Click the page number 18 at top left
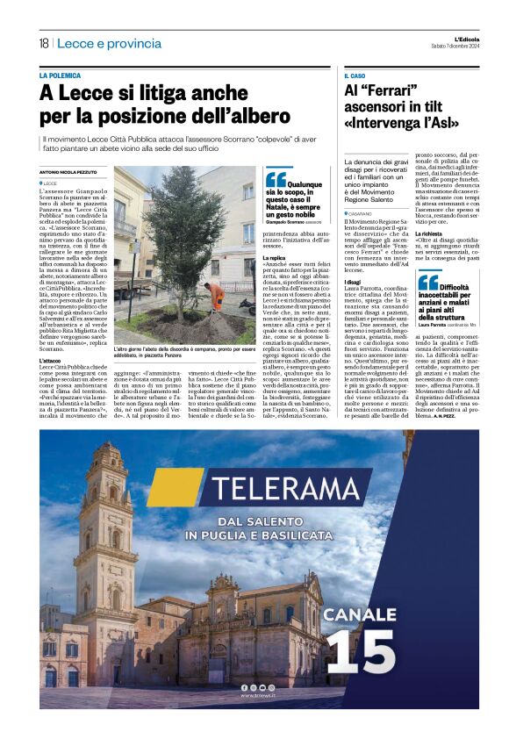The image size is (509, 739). pyautogui.click(x=43, y=43)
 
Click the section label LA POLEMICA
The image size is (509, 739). pyautogui.click(x=60, y=75)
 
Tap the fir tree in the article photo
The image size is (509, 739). pyautogui.click(x=187, y=250)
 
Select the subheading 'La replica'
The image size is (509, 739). pyautogui.click(x=275, y=257)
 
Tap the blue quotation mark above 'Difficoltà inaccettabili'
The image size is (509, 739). pyautogui.click(x=427, y=282)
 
